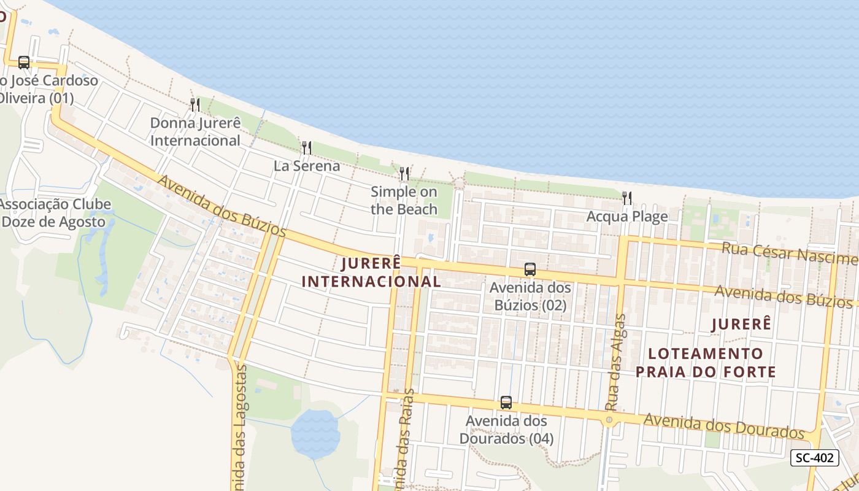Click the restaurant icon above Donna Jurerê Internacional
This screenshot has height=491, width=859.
pos(195,105)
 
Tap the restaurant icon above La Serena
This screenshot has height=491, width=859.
pos(306,148)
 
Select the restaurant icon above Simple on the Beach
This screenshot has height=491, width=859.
pos(404,174)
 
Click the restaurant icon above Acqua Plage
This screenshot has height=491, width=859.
pos(626,198)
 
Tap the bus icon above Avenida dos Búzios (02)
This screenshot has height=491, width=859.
pos(530,269)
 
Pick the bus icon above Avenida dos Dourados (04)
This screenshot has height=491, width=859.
pos(506,403)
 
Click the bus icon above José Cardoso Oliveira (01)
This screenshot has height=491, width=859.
pos(24,62)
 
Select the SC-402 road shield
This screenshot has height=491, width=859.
pos(814,457)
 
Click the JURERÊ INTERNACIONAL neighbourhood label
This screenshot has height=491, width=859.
pos(372,273)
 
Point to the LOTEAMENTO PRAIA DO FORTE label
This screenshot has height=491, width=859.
pos(706,363)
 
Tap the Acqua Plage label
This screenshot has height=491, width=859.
pos(627,216)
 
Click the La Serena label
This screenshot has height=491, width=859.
pos(307,166)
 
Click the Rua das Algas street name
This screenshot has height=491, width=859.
pos(615,362)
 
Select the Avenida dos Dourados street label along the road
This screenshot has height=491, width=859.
pos(724,426)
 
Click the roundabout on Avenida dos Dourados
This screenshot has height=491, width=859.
pos(609,420)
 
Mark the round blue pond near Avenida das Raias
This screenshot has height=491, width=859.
pos(315,433)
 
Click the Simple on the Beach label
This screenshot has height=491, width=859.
pos(404,200)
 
